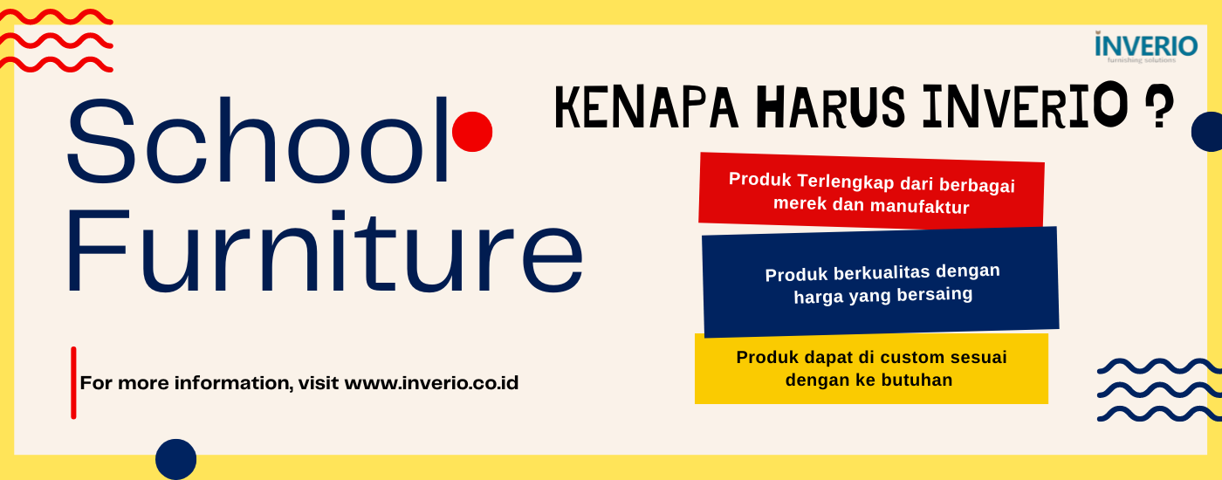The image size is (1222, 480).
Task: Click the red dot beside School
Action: point(472,132)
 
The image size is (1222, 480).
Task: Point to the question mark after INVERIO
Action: point(1158,109)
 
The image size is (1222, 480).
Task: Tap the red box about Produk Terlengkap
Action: point(871,192)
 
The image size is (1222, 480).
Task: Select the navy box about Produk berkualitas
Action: point(880,283)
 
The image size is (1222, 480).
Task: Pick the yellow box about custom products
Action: point(871,368)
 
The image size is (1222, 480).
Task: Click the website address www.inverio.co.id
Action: point(431,383)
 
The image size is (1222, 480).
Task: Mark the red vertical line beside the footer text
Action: point(73,382)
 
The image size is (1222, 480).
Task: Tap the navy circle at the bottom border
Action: point(175,459)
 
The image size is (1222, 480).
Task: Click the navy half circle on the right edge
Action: point(1208,132)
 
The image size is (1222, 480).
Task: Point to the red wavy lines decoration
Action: point(54,40)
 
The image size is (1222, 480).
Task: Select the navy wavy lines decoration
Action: point(1158,389)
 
